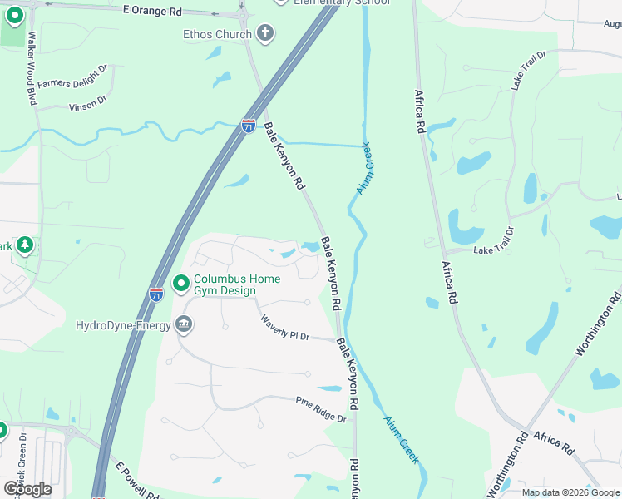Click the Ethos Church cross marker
[265, 34]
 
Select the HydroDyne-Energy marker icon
[184, 325]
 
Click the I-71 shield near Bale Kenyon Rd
[249, 126]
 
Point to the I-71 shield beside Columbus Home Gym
[156, 294]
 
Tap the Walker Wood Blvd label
[33, 68]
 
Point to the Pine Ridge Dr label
[320, 410]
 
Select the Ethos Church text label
[217, 34]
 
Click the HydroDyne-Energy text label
[123, 325]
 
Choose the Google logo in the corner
[27, 488]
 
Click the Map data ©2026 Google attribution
[570, 492]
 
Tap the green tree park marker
[25, 245]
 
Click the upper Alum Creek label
[365, 169]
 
